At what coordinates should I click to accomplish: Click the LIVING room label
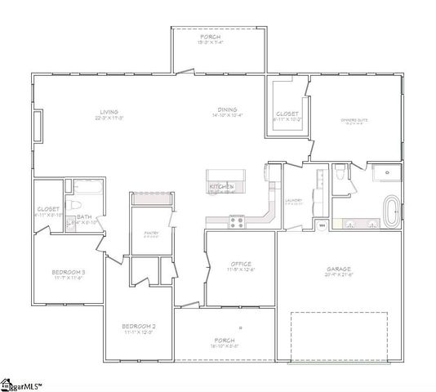(109, 112)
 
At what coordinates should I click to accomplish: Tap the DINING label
(227, 110)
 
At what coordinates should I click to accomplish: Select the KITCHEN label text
(221, 187)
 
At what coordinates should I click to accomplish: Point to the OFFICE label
(240, 264)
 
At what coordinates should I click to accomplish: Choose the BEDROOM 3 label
(68, 271)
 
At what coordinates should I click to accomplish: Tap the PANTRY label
(151, 233)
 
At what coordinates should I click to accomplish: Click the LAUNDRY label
(294, 201)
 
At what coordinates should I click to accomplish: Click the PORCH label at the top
(219, 38)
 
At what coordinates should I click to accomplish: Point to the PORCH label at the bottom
(225, 340)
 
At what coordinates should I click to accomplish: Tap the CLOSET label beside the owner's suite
(287, 114)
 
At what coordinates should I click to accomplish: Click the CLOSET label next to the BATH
(48, 210)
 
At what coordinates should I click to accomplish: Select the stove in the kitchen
(237, 220)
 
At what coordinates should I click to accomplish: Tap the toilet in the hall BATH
(73, 206)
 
